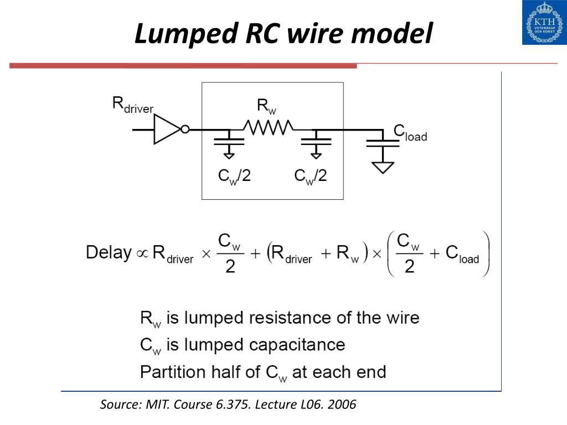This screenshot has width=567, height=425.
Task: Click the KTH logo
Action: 545,22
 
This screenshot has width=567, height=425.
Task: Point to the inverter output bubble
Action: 185,129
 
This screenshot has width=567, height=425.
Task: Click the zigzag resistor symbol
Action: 269,128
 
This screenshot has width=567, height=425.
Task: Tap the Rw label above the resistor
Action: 266,106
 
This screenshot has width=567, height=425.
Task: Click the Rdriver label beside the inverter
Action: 133,105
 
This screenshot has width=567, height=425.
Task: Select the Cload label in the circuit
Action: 410,133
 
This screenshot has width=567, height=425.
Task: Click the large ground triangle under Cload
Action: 383,168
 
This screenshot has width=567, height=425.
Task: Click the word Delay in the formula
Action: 109,252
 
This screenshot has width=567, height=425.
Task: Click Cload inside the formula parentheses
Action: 462,253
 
